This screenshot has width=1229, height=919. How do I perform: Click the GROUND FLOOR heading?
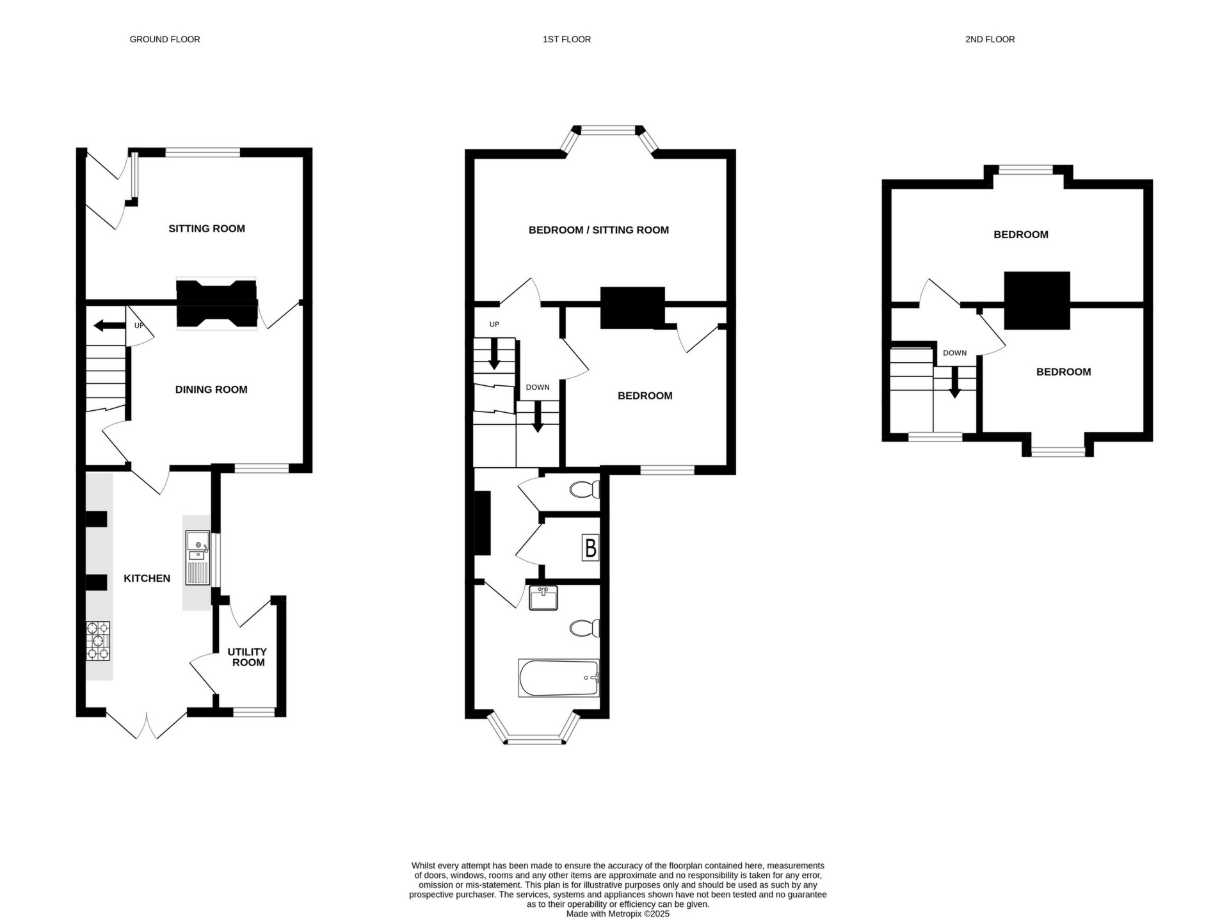[165, 40]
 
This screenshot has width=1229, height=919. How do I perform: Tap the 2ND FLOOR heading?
[990, 40]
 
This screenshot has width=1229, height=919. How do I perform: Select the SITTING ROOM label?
[207, 228]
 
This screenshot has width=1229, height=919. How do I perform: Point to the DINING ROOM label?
[211, 389]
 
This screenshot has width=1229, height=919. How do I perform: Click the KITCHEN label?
[147, 578]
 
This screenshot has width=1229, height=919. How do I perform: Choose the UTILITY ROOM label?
[248, 657]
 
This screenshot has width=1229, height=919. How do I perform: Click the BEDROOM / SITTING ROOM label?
[598, 230]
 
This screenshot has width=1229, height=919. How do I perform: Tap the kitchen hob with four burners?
[98, 641]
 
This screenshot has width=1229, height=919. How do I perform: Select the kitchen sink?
[198, 557]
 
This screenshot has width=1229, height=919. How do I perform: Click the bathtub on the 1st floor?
[559, 678]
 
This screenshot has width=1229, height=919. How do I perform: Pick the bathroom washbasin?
[543, 598]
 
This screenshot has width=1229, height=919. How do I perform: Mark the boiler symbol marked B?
[591, 548]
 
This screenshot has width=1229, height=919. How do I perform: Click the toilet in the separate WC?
[584, 490]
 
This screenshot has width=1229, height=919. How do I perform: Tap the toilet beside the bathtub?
[584, 628]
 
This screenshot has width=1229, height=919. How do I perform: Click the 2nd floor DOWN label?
[954, 353]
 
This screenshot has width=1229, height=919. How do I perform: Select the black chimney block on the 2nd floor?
[1037, 301]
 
